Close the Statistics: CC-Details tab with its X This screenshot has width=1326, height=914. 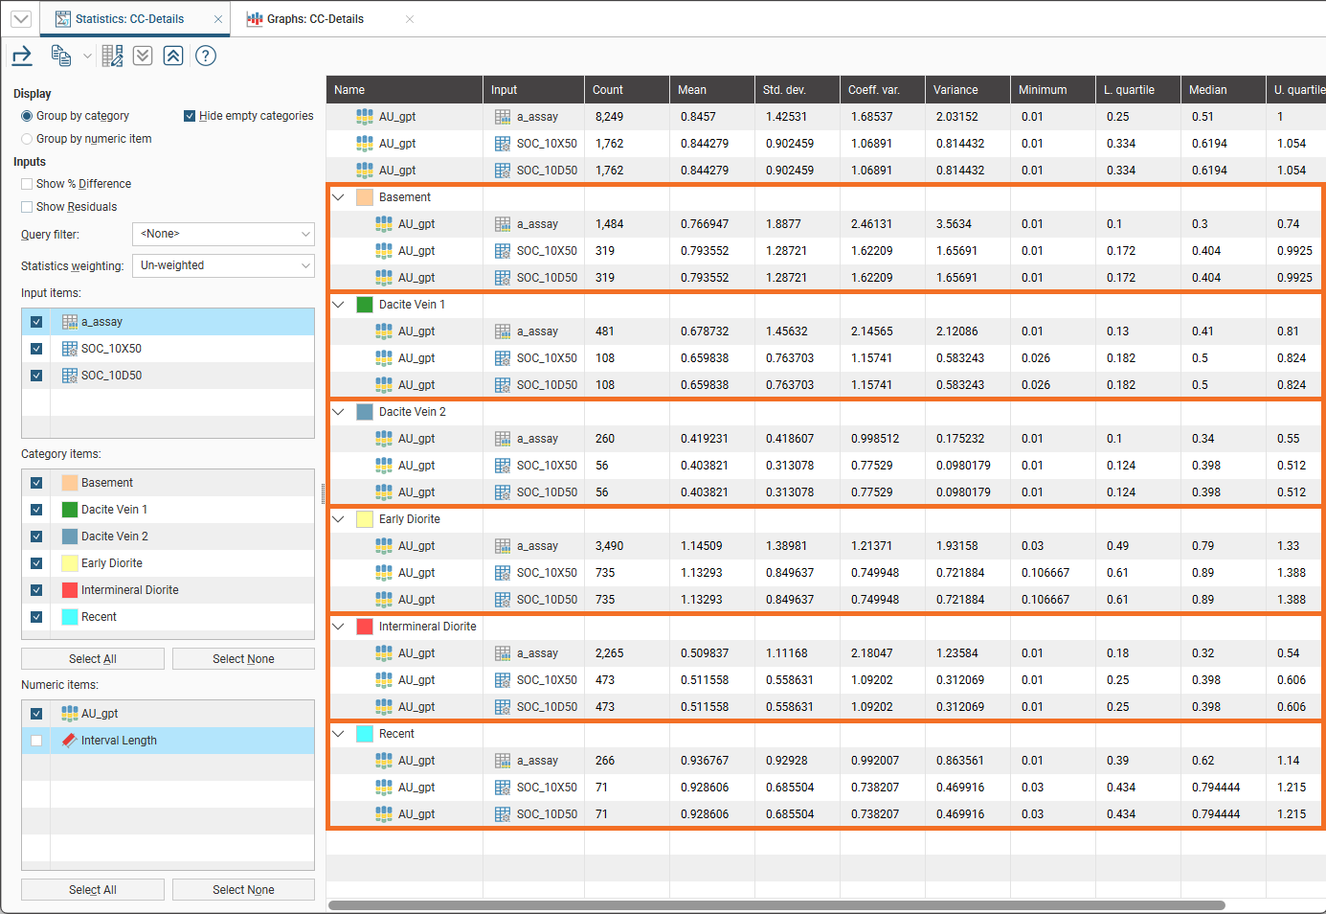click(x=218, y=19)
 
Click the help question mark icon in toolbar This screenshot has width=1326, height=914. click(x=206, y=57)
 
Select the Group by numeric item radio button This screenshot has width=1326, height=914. click(x=27, y=139)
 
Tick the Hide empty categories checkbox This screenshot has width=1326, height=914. click(x=190, y=116)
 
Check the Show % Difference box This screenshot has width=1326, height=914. click(x=27, y=184)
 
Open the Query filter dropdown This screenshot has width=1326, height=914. click(x=223, y=234)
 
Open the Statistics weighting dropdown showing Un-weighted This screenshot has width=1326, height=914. click(x=223, y=265)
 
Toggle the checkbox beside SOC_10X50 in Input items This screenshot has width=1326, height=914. click(x=36, y=349)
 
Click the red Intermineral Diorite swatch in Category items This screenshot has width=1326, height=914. click(x=70, y=590)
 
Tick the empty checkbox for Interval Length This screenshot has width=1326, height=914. click(x=36, y=741)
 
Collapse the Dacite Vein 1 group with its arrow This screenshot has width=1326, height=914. click(x=339, y=305)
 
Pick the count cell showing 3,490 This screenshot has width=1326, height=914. click(x=609, y=545)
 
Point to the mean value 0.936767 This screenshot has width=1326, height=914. click(x=705, y=760)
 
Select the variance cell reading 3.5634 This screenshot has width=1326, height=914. click(x=953, y=224)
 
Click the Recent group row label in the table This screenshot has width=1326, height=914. click(x=396, y=733)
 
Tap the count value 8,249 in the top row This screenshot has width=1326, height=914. click(x=609, y=117)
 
